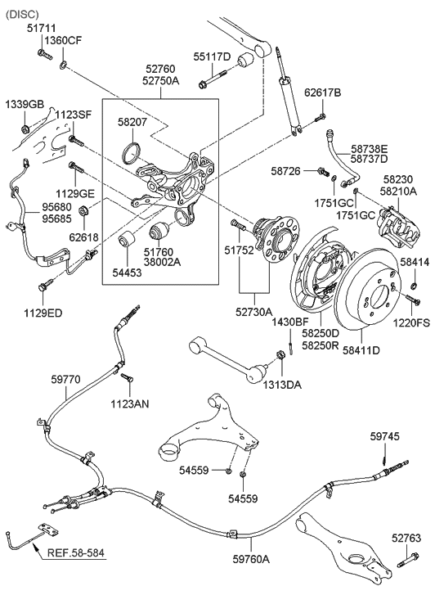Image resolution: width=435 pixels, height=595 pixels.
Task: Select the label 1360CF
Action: click(63, 41)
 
